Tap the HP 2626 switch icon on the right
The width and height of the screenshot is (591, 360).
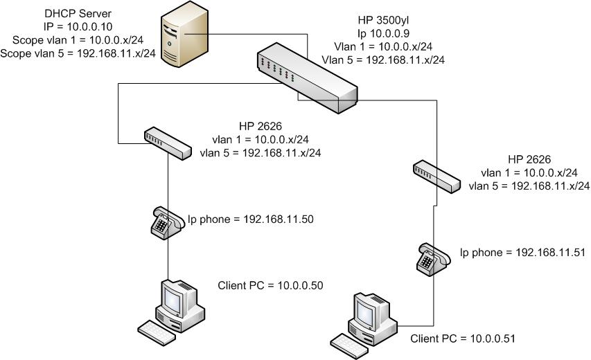tap(436, 177)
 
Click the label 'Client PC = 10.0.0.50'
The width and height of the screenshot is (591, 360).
tap(271, 285)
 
